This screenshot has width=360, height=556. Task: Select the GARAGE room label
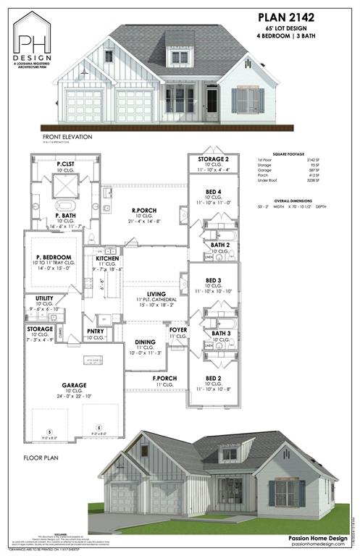[74, 385]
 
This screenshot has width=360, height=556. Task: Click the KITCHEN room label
[107, 258]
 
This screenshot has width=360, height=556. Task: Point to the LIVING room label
[146, 293]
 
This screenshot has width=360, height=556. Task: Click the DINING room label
[146, 342]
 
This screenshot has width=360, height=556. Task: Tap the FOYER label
[178, 329]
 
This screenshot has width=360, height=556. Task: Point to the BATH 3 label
[221, 333]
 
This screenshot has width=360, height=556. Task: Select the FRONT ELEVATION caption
[63, 136]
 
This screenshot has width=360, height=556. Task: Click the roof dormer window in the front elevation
[177, 56]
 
